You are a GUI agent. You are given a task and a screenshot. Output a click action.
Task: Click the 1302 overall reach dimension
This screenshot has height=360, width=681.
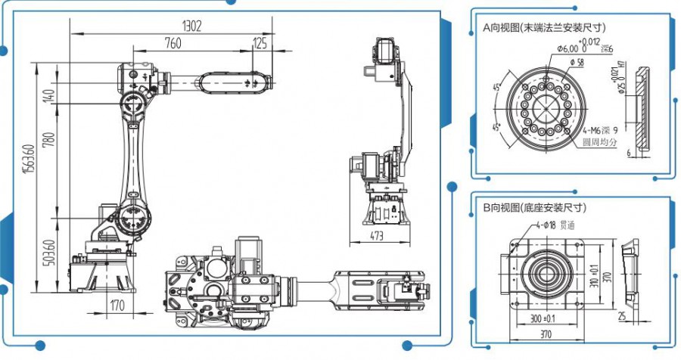point(191,26)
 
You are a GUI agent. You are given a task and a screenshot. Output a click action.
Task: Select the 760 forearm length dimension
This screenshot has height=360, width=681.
point(173,44)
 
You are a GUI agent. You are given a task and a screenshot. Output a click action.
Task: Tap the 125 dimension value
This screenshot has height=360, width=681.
point(260,44)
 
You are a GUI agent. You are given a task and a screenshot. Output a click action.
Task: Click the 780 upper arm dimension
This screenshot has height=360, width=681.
point(51,140)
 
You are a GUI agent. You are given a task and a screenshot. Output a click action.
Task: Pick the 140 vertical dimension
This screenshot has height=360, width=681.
point(51,97)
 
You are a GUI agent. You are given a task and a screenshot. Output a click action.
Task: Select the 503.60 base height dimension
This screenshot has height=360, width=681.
point(51,253)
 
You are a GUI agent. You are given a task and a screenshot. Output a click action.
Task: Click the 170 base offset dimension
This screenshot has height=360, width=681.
point(117,306)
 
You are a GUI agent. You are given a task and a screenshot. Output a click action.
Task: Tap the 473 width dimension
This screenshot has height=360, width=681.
point(376,236)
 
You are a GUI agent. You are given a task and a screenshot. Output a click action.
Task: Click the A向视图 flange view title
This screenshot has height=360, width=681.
point(544,26)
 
